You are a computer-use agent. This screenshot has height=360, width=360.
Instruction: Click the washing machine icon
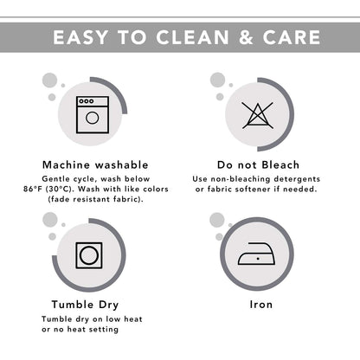click(x=93, y=114)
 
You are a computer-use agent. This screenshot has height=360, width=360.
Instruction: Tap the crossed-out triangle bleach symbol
click(x=258, y=115)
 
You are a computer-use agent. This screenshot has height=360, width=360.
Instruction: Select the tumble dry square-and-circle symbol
click(x=89, y=255)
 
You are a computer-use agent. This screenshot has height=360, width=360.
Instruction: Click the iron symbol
click(x=256, y=254)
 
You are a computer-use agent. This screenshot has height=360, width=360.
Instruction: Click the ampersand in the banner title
click(x=246, y=38)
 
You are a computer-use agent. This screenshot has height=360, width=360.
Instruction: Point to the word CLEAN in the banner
click(x=192, y=38)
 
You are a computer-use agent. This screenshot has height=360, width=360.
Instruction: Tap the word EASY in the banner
click(x=80, y=38)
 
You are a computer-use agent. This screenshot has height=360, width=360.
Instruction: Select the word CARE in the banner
click(x=292, y=38)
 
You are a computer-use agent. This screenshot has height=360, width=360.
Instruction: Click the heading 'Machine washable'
click(x=95, y=165)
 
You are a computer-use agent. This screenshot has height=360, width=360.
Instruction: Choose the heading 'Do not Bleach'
click(x=258, y=165)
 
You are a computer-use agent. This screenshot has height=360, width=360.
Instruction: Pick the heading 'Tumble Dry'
click(x=85, y=305)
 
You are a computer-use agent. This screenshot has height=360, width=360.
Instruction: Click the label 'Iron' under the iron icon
click(x=261, y=305)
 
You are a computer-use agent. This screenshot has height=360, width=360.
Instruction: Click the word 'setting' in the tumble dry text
click(x=104, y=330)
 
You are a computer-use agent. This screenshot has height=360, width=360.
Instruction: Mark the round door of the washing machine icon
click(x=93, y=118)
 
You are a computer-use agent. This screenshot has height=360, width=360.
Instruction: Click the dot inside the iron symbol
click(x=258, y=259)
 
